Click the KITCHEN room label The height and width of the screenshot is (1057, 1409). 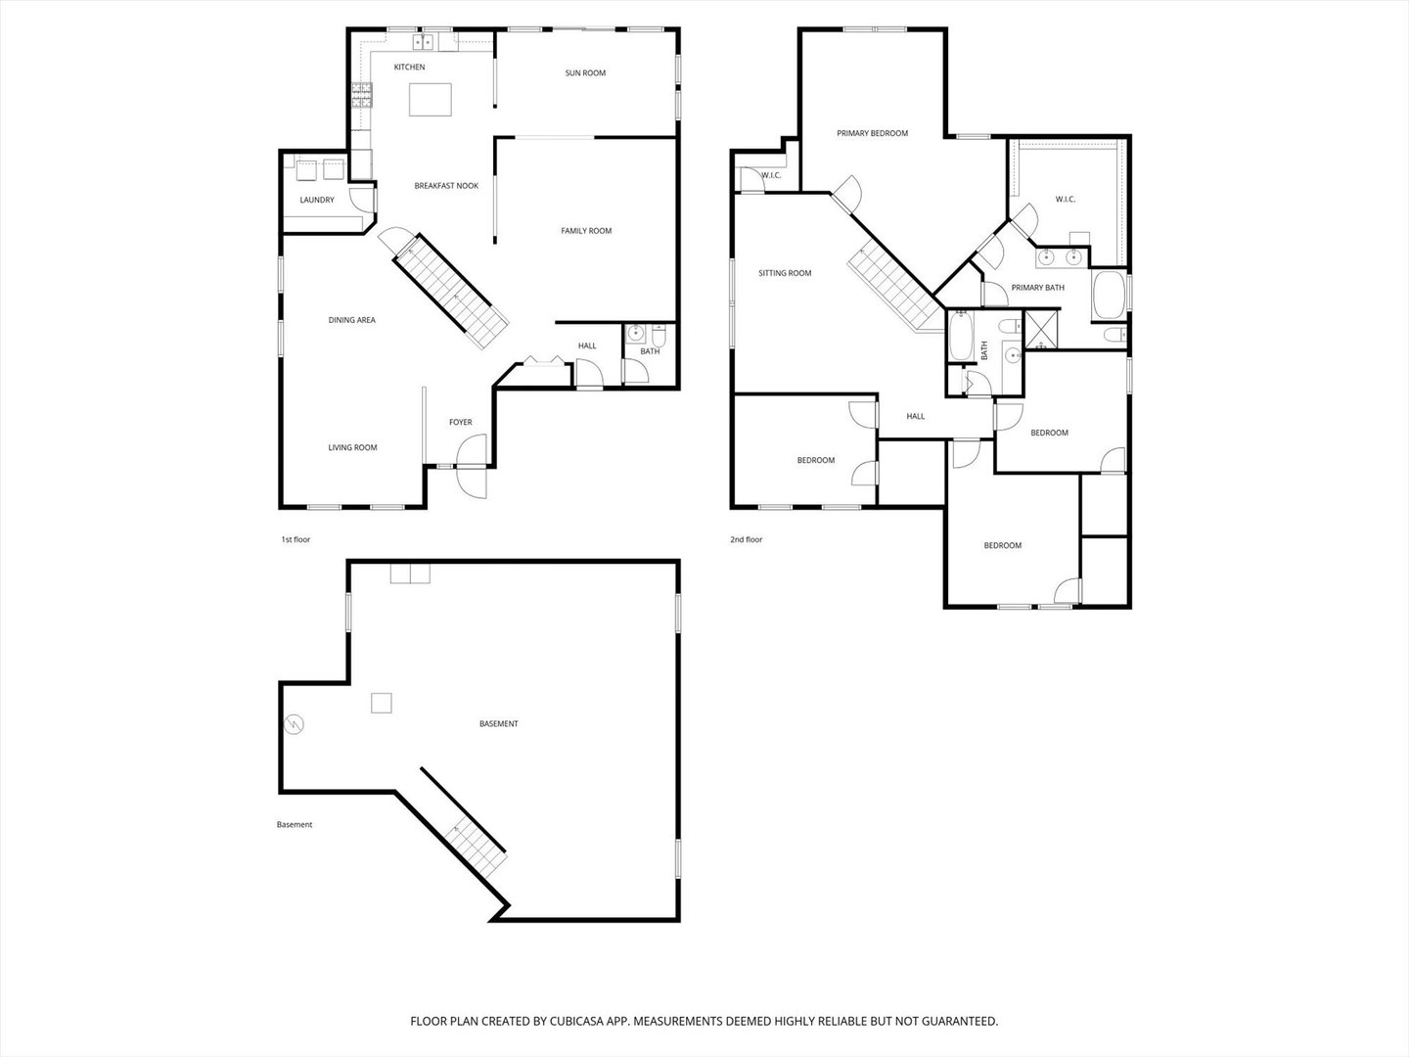click(409, 68)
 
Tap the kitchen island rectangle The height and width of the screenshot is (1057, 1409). click(431, 100)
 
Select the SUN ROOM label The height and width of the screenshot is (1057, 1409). click(585, 73)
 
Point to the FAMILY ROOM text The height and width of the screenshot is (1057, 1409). click(586, 231)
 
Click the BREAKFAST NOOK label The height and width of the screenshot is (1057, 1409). click(446, 186)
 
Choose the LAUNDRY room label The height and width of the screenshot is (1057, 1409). click(317, 201)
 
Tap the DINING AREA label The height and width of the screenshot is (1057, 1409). click(351, 320)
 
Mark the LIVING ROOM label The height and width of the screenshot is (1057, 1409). click(352, 448)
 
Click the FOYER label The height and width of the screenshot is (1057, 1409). click(460, 423)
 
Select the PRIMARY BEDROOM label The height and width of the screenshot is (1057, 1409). click(872, 133)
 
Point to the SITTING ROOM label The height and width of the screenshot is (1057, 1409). click(785, 273)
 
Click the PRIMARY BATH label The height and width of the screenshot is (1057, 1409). click(1037, 288)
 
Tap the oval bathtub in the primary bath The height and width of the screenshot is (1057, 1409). click(1109, 295)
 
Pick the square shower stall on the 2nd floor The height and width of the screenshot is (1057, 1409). click(1039, 331)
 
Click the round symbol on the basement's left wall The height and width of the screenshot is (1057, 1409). click(294, 724)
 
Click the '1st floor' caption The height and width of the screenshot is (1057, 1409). click(295, 539)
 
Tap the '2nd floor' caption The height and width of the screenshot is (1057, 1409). click(746, 539)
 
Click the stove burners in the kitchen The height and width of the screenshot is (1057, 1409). click(362, 93)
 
